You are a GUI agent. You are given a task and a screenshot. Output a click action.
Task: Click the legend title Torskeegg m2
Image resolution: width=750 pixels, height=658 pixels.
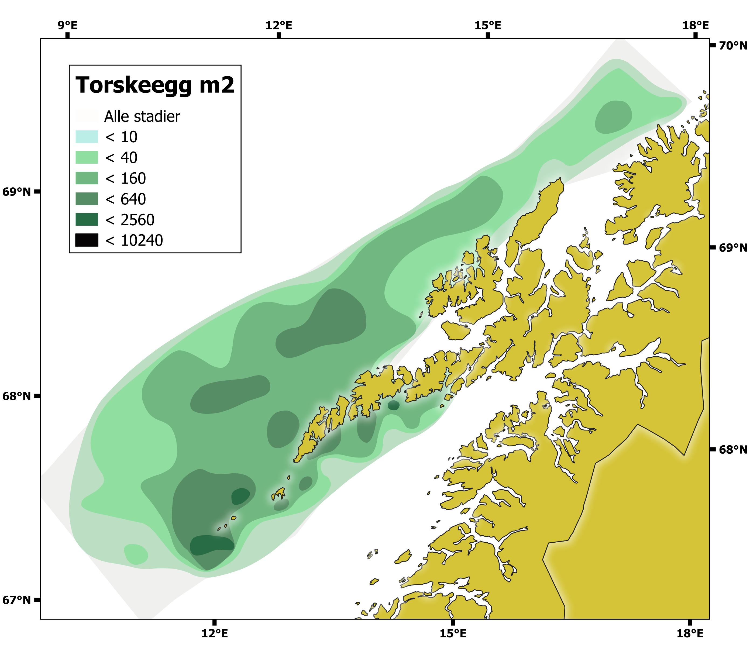pos(154,85)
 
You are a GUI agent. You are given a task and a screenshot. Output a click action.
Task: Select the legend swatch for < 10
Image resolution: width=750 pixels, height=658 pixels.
pos(87,137)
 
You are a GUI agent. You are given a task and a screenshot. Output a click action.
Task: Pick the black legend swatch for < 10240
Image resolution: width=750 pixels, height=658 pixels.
pos(87,240)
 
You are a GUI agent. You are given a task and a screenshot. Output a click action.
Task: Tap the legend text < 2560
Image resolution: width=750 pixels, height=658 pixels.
pos(129,220)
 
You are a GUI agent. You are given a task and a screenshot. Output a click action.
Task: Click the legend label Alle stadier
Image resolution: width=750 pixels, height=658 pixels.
pos(142,116)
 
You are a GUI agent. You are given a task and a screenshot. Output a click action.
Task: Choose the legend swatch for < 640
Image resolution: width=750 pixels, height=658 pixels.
pos(87,199)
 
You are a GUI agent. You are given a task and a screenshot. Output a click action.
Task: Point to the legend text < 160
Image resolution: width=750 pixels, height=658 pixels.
pos(125,178)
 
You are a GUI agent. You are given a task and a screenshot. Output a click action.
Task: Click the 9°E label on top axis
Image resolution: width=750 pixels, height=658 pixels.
pos(67,25)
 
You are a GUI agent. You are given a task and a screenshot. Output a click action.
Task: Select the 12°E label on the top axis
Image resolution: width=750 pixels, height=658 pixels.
pos(279,25)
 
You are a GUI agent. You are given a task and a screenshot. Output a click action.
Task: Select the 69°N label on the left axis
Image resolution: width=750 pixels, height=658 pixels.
pos(16,192)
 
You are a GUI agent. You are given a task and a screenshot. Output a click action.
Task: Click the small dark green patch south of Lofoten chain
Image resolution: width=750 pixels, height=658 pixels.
pos(393,405)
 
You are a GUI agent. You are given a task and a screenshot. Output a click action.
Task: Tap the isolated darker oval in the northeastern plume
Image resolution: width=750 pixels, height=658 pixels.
pos(613,117)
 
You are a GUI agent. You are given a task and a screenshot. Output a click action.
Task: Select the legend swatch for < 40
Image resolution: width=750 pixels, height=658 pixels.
pos(87,157)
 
